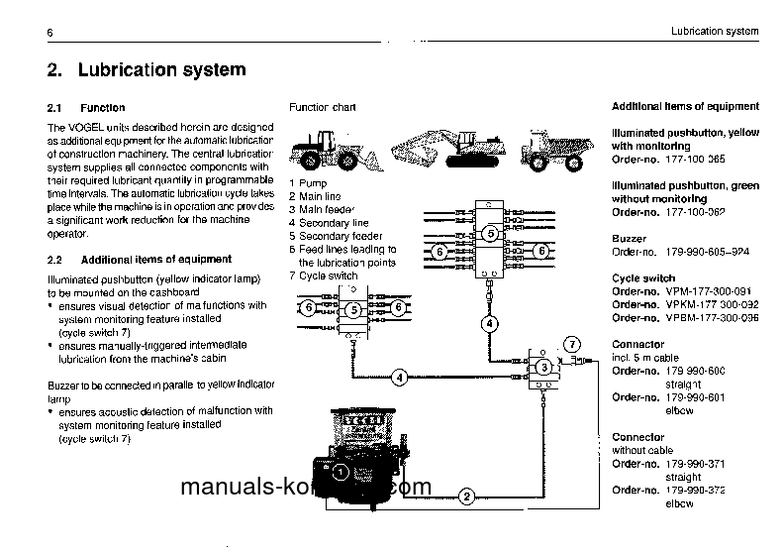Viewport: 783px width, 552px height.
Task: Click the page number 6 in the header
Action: tap(49, 35)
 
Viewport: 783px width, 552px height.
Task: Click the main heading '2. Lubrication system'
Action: tap(147, 71)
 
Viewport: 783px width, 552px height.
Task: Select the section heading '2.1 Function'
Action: tap(86, 107)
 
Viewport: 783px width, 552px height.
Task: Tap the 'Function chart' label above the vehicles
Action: tap(322, 107)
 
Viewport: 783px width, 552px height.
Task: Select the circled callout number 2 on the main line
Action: tap(466, 495)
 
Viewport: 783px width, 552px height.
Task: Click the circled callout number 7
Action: tap(571, 344)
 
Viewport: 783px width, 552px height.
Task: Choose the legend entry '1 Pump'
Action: tap(309, 183)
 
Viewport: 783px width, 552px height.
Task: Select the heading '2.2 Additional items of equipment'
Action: tap(140, 259)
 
